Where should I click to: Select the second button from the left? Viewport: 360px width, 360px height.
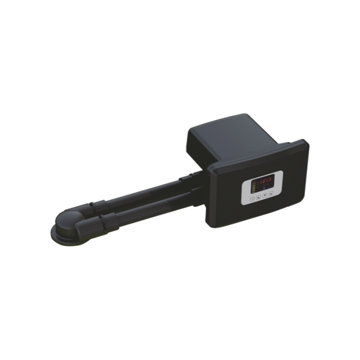(x=259, y=194)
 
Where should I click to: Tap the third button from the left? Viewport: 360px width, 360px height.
(x=265, y=194)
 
